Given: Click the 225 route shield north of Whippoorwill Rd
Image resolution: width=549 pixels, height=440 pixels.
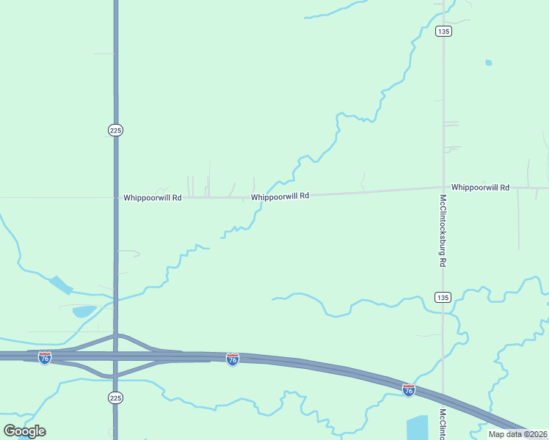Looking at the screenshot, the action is point(115,130).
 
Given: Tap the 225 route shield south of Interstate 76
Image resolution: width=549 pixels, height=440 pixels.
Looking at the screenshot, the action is point(115,397).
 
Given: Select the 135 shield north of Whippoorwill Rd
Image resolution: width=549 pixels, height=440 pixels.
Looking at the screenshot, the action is point(443,31).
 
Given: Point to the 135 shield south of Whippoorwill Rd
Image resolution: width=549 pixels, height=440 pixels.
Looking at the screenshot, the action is point(442,297).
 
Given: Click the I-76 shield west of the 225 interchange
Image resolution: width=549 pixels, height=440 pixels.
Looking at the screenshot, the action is point(45,358).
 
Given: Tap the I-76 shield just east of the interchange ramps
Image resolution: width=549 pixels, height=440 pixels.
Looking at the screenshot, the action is point(232,359).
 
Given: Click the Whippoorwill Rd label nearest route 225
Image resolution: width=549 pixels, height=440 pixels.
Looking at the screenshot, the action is point(152,197).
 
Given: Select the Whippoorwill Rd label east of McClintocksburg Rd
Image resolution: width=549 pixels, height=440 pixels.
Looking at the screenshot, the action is point(480,188).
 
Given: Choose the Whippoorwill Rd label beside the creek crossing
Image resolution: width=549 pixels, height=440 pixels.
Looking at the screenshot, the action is point(280,197).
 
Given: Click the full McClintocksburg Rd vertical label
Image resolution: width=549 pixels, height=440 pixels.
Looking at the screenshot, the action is point(443,230).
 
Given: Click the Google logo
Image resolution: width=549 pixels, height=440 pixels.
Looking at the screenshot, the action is point(24,430).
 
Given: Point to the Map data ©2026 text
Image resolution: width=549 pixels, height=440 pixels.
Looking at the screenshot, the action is point(517,434).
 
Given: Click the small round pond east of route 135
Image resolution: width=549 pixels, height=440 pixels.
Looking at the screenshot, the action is point(488,63).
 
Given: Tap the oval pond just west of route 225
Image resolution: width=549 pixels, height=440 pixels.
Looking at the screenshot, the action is point(84,312).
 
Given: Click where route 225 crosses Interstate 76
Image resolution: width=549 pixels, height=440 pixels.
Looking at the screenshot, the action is point(115,356).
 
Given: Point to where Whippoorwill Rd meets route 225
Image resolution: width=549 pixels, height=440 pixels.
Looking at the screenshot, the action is point(115,197).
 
